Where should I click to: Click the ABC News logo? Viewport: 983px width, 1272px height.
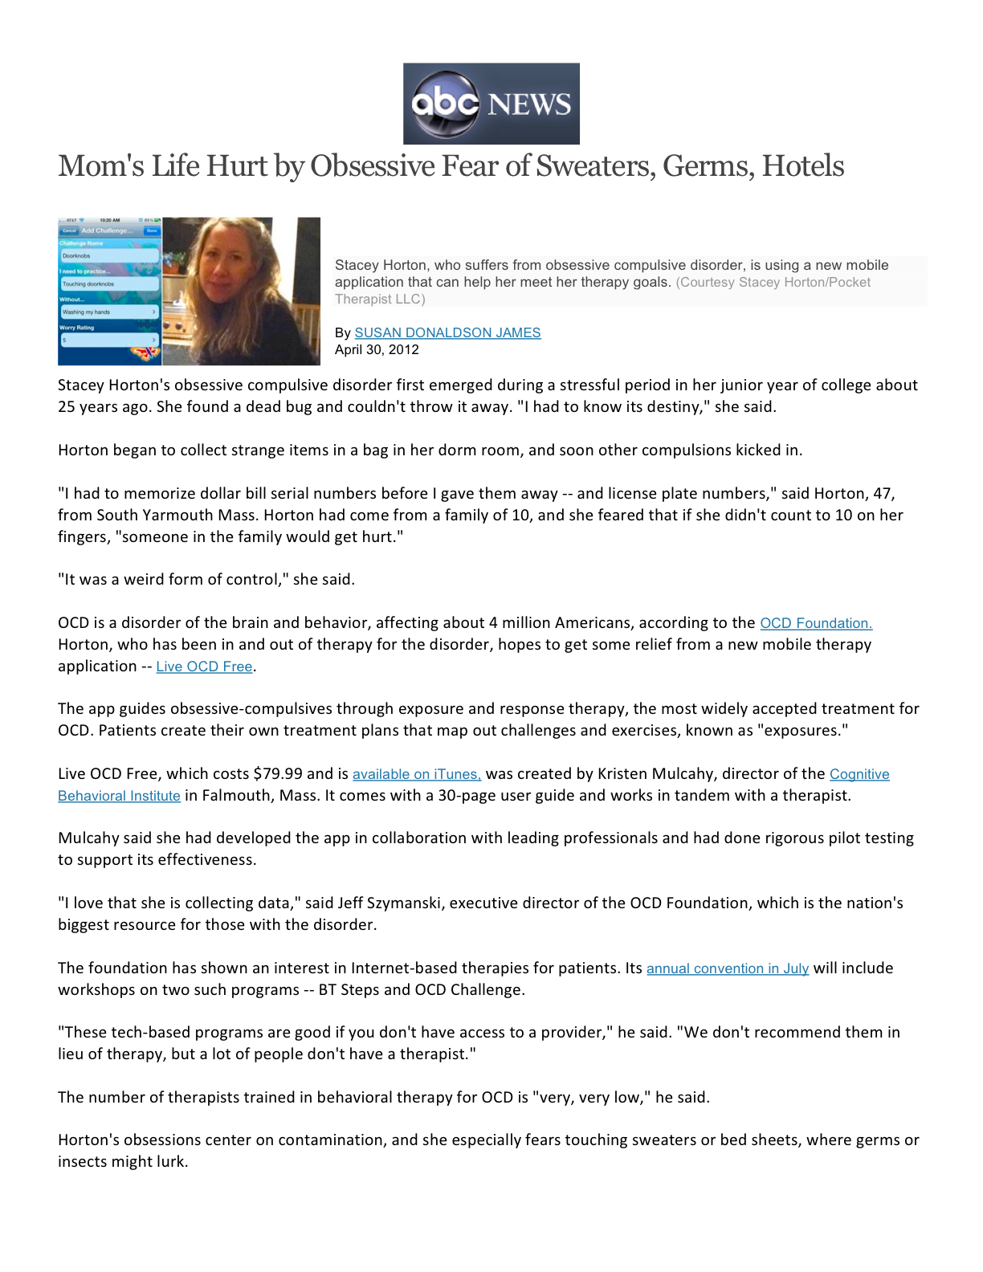pos(491,104)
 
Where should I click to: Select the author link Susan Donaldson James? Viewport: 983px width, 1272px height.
pos(447,332)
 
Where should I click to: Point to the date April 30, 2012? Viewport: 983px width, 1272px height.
pos(377,350)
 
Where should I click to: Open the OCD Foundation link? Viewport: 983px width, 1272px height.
pos(815,623)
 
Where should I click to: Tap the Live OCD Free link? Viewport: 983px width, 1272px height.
pos(204,667)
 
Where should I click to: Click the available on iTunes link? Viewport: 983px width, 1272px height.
pos(416,774)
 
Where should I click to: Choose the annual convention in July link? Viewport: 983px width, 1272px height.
pos(727,968)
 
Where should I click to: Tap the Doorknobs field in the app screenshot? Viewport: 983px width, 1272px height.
pos(109,255)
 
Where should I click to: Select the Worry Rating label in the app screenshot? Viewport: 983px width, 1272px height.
pos(77,328)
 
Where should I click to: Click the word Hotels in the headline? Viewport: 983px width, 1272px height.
pos(802,166)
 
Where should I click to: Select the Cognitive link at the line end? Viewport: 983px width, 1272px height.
pos(859,774)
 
